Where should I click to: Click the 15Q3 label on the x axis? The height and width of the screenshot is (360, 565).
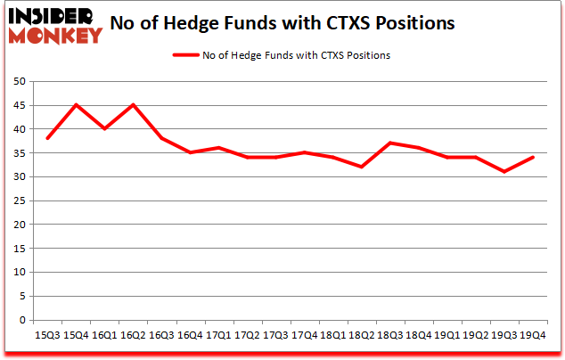47,335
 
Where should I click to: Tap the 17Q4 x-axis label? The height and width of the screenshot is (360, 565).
304,335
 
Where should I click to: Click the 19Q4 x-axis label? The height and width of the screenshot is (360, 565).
532,335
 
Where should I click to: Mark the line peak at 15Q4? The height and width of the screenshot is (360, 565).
76,105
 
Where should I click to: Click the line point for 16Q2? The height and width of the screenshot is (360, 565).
133,105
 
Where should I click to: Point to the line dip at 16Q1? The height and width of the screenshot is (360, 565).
104,129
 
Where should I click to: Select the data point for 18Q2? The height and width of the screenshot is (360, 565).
361,167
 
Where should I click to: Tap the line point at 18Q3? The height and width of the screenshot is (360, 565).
389,143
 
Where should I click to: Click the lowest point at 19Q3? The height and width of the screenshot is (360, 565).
504,172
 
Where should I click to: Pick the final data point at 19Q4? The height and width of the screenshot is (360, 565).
532,158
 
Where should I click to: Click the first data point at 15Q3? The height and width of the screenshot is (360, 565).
47,138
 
